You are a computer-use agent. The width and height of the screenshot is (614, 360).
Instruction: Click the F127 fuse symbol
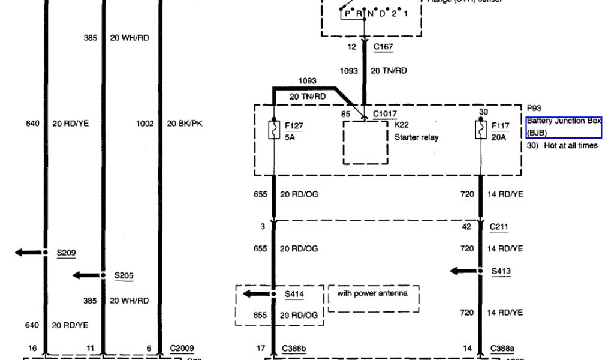click(x=273, y=130)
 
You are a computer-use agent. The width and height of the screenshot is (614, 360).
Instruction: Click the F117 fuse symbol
click(x=480, y=130)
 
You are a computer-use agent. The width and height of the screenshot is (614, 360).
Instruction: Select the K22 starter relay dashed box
click(x=365, y=142)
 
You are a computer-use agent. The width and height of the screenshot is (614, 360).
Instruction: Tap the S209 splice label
click(x=66, y=253)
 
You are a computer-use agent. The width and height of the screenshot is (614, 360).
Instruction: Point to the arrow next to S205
click(x=86, y=275)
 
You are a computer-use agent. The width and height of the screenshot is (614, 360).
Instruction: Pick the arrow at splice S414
click(x=256, y=294)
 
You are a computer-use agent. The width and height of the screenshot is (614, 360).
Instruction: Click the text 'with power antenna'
click(x=372, y=293)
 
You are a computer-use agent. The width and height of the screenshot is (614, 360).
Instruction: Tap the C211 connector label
click(x=499, y=226)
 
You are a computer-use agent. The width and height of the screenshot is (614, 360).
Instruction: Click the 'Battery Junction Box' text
click(x=563, y=121)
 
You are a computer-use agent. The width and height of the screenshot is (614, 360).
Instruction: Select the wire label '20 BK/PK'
click(x=185, y=124)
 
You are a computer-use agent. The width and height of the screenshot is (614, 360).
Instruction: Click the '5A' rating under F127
click(x=291, y=136)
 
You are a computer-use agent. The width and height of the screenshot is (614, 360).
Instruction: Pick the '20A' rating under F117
click(x=499, y=136)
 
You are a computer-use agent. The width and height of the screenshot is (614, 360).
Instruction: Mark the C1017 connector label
click(x=384, y=113)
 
